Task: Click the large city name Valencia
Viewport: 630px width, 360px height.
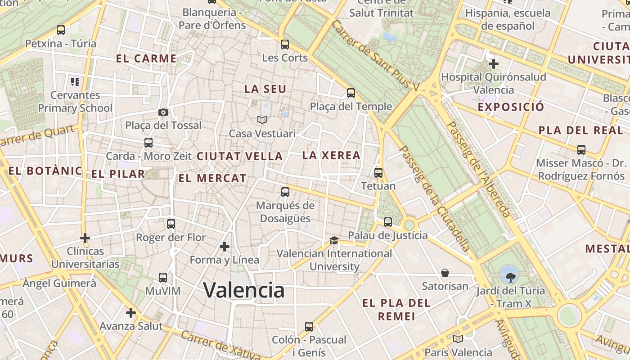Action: [244, 290]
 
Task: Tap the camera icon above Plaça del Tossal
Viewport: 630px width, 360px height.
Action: [163, 112]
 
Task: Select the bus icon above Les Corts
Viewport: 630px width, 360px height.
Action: [284, 45]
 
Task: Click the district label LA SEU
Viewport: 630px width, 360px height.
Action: [265, 89]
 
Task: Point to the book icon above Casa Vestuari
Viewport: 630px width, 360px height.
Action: [262, 120]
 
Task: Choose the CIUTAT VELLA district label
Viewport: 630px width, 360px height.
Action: [240, 157]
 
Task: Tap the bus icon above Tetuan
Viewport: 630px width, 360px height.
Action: [378, 172]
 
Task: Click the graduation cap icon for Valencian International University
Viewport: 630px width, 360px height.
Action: [334, 240]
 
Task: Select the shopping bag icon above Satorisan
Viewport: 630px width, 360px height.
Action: [445, 273]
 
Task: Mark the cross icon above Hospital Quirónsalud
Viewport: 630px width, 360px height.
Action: [494, 63]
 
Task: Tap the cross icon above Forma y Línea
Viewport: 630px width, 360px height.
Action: [224, 247]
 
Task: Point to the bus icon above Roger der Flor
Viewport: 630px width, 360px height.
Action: [171, 224]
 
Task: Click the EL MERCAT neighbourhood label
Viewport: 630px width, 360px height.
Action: [212, 178]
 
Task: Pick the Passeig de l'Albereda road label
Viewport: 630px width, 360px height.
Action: [478, 169]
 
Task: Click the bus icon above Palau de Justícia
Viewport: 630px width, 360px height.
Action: [387, 222]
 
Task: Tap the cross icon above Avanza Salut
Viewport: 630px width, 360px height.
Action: [131, 312]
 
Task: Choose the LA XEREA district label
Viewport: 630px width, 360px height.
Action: [331, 156]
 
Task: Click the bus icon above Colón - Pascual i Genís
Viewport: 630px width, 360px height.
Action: [309, 326]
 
